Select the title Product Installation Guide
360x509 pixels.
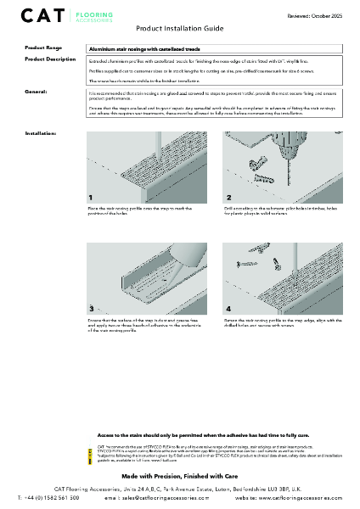180,28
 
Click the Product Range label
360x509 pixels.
43,49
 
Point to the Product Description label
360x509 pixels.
50,59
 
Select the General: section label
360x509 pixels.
36,89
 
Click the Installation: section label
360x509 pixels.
41,134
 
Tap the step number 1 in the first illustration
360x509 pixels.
92,197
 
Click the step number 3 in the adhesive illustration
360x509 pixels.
92,308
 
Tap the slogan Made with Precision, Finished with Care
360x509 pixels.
180,478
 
